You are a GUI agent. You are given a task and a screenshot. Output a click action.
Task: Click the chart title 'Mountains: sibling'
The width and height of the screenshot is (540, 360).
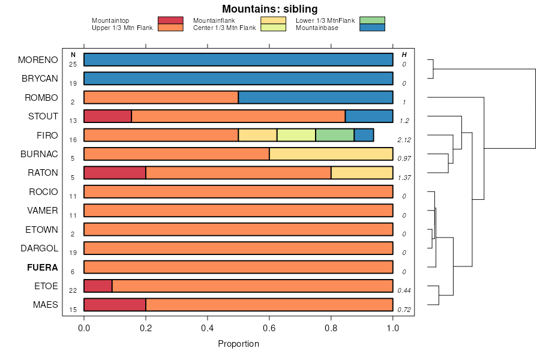270,9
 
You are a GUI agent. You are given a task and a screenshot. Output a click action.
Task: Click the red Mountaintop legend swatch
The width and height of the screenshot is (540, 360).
170,20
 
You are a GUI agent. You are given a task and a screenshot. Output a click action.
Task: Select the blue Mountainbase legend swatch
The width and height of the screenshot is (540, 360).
372,28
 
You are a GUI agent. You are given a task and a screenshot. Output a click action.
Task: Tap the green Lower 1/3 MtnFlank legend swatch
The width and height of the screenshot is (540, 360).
372,20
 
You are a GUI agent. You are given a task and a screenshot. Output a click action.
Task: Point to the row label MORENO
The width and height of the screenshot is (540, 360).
38,60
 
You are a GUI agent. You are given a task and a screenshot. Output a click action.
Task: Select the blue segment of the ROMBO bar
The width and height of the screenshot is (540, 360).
316,98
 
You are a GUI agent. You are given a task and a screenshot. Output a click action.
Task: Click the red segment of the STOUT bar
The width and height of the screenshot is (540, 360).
107,116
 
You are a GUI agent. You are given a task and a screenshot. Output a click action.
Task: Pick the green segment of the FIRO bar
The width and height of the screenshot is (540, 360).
335,135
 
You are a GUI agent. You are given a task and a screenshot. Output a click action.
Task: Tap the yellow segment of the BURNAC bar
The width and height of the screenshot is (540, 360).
331,154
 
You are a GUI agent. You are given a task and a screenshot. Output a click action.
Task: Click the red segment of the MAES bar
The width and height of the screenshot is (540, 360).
115,305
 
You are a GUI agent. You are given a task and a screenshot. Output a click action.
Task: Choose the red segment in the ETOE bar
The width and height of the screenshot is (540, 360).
98,286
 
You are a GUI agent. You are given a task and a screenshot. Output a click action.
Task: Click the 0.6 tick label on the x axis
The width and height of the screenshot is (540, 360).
269,328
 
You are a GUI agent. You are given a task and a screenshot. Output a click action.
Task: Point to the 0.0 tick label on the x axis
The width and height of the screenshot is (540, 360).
84,328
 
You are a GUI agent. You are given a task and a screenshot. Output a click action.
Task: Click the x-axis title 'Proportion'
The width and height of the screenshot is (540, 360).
239,344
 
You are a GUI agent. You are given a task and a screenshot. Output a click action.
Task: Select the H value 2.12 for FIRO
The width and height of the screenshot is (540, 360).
404,140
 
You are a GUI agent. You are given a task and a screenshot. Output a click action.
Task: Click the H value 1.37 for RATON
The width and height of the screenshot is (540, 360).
404,178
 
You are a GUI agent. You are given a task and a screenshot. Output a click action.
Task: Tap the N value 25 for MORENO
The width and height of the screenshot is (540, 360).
73,64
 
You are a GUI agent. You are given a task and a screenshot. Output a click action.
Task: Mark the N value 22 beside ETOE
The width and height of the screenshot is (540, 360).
73,290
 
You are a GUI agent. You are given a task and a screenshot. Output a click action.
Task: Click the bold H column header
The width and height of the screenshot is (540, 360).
404,55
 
